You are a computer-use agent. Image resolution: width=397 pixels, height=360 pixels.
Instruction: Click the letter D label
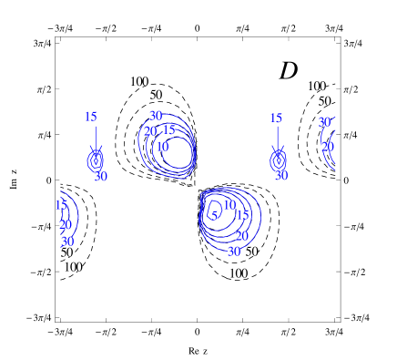pos(289,70)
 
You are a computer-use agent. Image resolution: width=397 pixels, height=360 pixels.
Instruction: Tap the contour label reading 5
pos(214,216)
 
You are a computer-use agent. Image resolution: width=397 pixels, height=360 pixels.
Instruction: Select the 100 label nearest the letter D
pos(316,86)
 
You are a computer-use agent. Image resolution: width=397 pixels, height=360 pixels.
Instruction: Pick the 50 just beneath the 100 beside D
pos(324,101)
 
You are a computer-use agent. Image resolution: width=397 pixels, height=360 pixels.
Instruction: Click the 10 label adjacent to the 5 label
pos(229,205)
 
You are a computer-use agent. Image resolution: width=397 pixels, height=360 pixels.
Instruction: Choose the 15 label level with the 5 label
pos(242,215)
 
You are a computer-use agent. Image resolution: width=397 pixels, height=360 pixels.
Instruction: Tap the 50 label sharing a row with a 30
pos(251,252)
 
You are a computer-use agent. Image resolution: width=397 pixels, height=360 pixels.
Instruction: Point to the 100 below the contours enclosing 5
pos(238,273)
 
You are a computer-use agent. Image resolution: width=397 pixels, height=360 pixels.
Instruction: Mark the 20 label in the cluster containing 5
pos(241,236)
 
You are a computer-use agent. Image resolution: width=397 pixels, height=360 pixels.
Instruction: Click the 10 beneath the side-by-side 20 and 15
pos(161,146)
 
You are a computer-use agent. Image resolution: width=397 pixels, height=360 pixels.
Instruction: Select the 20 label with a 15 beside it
pos(150,131)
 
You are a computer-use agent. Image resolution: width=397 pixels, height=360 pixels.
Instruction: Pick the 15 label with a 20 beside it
pos(168,130)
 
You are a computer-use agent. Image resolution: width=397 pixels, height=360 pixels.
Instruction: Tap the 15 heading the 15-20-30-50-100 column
pos(61,205)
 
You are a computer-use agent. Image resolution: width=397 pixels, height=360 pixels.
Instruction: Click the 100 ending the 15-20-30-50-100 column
pos(73,267)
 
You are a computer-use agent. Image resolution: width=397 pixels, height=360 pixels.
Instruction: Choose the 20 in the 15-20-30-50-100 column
pos(65,225)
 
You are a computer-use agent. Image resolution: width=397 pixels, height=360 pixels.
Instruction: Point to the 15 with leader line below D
pos(275,118)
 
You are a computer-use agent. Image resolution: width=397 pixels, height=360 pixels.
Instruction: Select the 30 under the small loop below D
pos(280,175)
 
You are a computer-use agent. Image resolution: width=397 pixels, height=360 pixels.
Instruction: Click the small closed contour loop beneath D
pos(278,160)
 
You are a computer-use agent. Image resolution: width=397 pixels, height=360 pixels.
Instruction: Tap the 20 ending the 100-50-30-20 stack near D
pos(327,147)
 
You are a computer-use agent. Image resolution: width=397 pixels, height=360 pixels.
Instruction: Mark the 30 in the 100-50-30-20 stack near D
pos(324,122)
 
